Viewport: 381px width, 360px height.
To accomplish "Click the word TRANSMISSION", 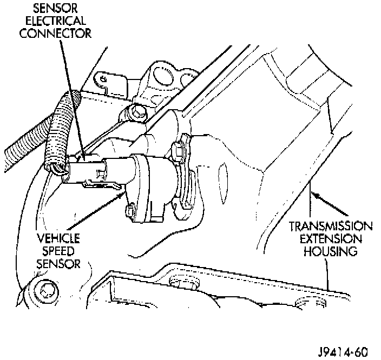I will point(330,226).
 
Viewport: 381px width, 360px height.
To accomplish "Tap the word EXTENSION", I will point(330,238).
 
